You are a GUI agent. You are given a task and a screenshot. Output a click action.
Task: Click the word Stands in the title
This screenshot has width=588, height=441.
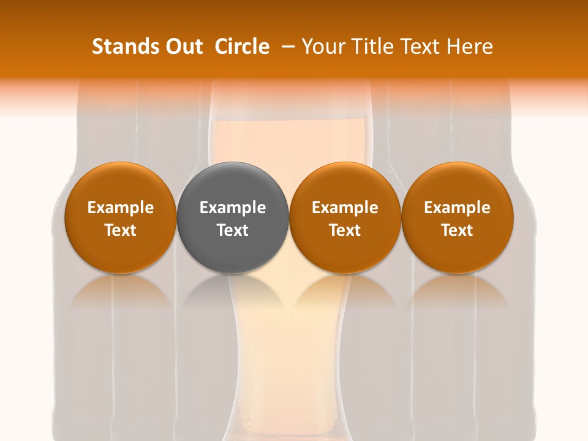[118, 47]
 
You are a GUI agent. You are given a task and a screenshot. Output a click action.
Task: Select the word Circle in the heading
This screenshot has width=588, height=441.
[242, 47]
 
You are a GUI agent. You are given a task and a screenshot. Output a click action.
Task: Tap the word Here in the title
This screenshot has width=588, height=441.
[470, 47]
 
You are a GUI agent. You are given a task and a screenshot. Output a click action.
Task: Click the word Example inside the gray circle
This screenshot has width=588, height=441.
[233, 208]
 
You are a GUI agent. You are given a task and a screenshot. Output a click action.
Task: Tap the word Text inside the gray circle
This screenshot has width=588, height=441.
[233, 230]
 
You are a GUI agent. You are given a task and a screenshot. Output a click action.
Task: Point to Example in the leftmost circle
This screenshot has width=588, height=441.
[120, 208]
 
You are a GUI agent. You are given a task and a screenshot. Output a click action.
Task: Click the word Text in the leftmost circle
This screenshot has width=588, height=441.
[120, 230]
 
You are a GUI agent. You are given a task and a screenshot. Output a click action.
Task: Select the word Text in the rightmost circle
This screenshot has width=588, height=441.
[458, 230]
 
